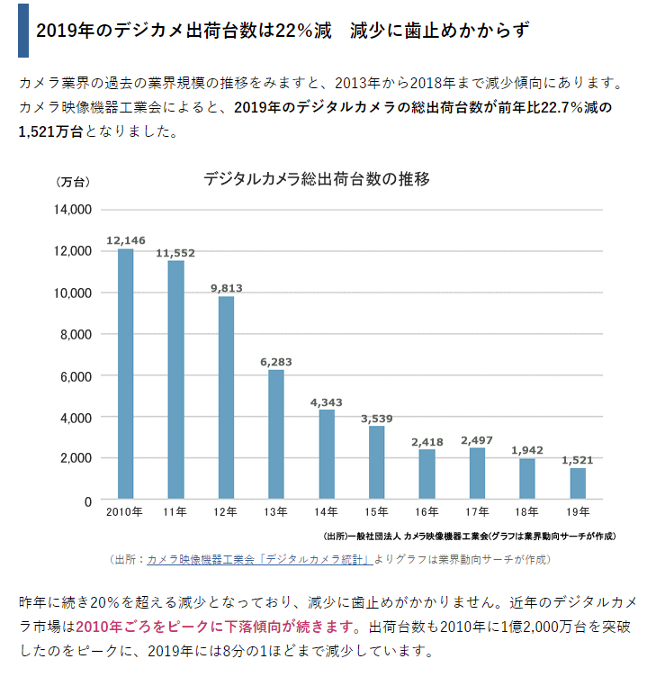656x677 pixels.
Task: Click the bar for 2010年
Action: [125, 374]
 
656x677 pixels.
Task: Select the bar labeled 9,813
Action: [226, 397]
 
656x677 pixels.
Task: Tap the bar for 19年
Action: [577, 483]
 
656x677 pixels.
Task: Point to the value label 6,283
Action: [276, 362]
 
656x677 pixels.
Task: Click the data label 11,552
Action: [175, 253]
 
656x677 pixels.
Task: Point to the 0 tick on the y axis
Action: [88, 501]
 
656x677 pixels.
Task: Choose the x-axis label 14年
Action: [327, 513]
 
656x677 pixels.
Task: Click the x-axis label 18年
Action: [527, 513]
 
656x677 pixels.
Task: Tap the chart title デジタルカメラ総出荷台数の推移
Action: [317, 178]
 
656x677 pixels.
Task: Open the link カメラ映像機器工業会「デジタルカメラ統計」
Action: [259, 559]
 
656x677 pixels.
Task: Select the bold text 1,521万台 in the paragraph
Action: [51, 131]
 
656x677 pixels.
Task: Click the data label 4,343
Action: [327, 402]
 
